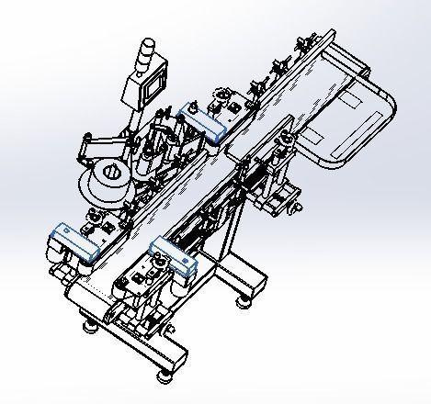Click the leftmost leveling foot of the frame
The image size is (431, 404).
[90, 324]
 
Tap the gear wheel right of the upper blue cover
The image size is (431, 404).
[222, 95]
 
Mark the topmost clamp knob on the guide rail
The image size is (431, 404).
[302, 41]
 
